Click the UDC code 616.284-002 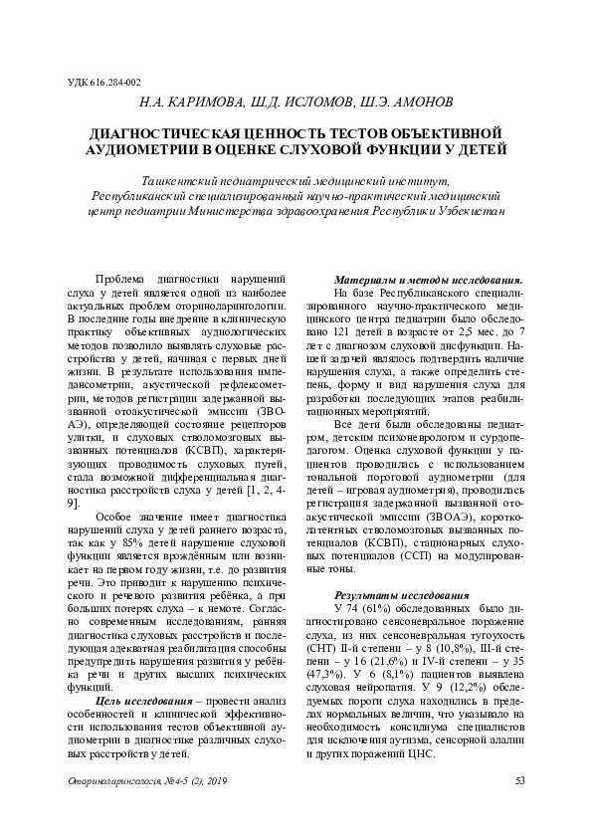click(104, 83)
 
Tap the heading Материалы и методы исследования click(428, 280)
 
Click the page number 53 click(519, 780)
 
